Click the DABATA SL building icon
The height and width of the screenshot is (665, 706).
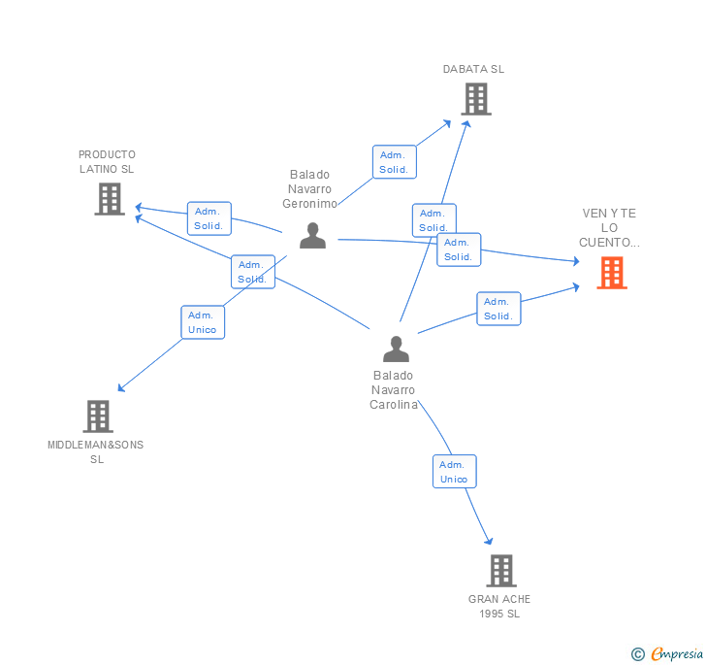(x=475, y=98)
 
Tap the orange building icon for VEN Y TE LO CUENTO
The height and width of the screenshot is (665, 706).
(x=611, y=273)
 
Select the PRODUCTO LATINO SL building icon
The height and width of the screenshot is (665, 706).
(x=110, y=199)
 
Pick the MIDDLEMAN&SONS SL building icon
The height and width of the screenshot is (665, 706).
(x=98, y=416)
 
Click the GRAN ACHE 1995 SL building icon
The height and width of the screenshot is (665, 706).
(x=500, y=571)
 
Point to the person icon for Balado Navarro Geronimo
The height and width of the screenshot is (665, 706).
(x=312, y=236)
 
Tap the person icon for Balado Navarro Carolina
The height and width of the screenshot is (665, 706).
(x=396, y=349)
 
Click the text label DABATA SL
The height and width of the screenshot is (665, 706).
(x=473, y=69)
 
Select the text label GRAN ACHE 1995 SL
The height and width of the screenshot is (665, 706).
(x=499, y=606)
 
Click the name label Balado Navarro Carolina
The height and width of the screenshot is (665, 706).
(x=393, y=389)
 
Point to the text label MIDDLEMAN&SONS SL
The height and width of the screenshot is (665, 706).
(x=96, y=451)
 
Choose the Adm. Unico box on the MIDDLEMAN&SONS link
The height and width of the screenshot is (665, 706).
(x=203, y=322)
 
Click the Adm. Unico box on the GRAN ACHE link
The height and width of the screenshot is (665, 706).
(x=454, y=472)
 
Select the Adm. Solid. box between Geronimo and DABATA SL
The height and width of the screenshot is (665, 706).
(x=394, y=162)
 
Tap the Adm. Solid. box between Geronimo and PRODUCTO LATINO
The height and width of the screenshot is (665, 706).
(x=209, y=218)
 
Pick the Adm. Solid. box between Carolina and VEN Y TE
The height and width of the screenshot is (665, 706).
(x=498, y=309)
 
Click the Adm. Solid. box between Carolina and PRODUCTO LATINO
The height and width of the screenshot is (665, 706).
(x=252, y=272)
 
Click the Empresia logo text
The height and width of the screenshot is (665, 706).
(x=677, y=653)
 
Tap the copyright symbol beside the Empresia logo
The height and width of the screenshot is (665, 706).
(x=638, y=654)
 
